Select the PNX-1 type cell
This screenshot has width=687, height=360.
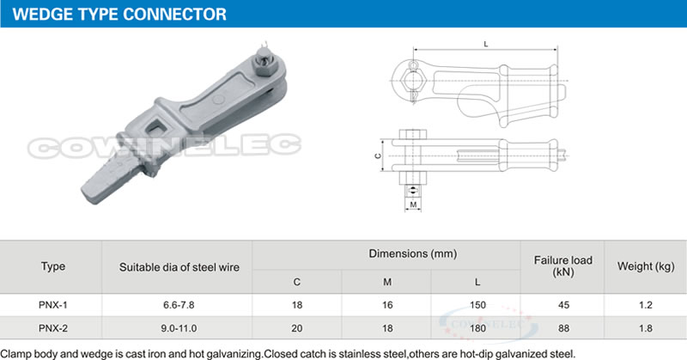tap(52, 305)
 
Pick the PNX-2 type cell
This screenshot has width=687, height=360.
tap(52, 327)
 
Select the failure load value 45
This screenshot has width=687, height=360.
tap(562, 305)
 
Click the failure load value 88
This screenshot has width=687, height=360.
tap(562, 327)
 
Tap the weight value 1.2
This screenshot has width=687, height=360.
tap(646, 305)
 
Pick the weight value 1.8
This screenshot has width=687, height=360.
tap(646, 327)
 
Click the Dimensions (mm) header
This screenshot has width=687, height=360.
tap(387, 253)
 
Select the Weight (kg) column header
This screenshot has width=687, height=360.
tap(646, 266)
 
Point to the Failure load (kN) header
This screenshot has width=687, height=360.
tap(562, 266)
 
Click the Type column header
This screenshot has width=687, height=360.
tap(52, 266)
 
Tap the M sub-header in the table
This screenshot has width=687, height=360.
tap(387, 281)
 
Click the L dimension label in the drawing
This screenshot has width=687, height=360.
tap(487, 42)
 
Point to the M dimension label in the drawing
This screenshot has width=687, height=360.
tap(413, 205)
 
